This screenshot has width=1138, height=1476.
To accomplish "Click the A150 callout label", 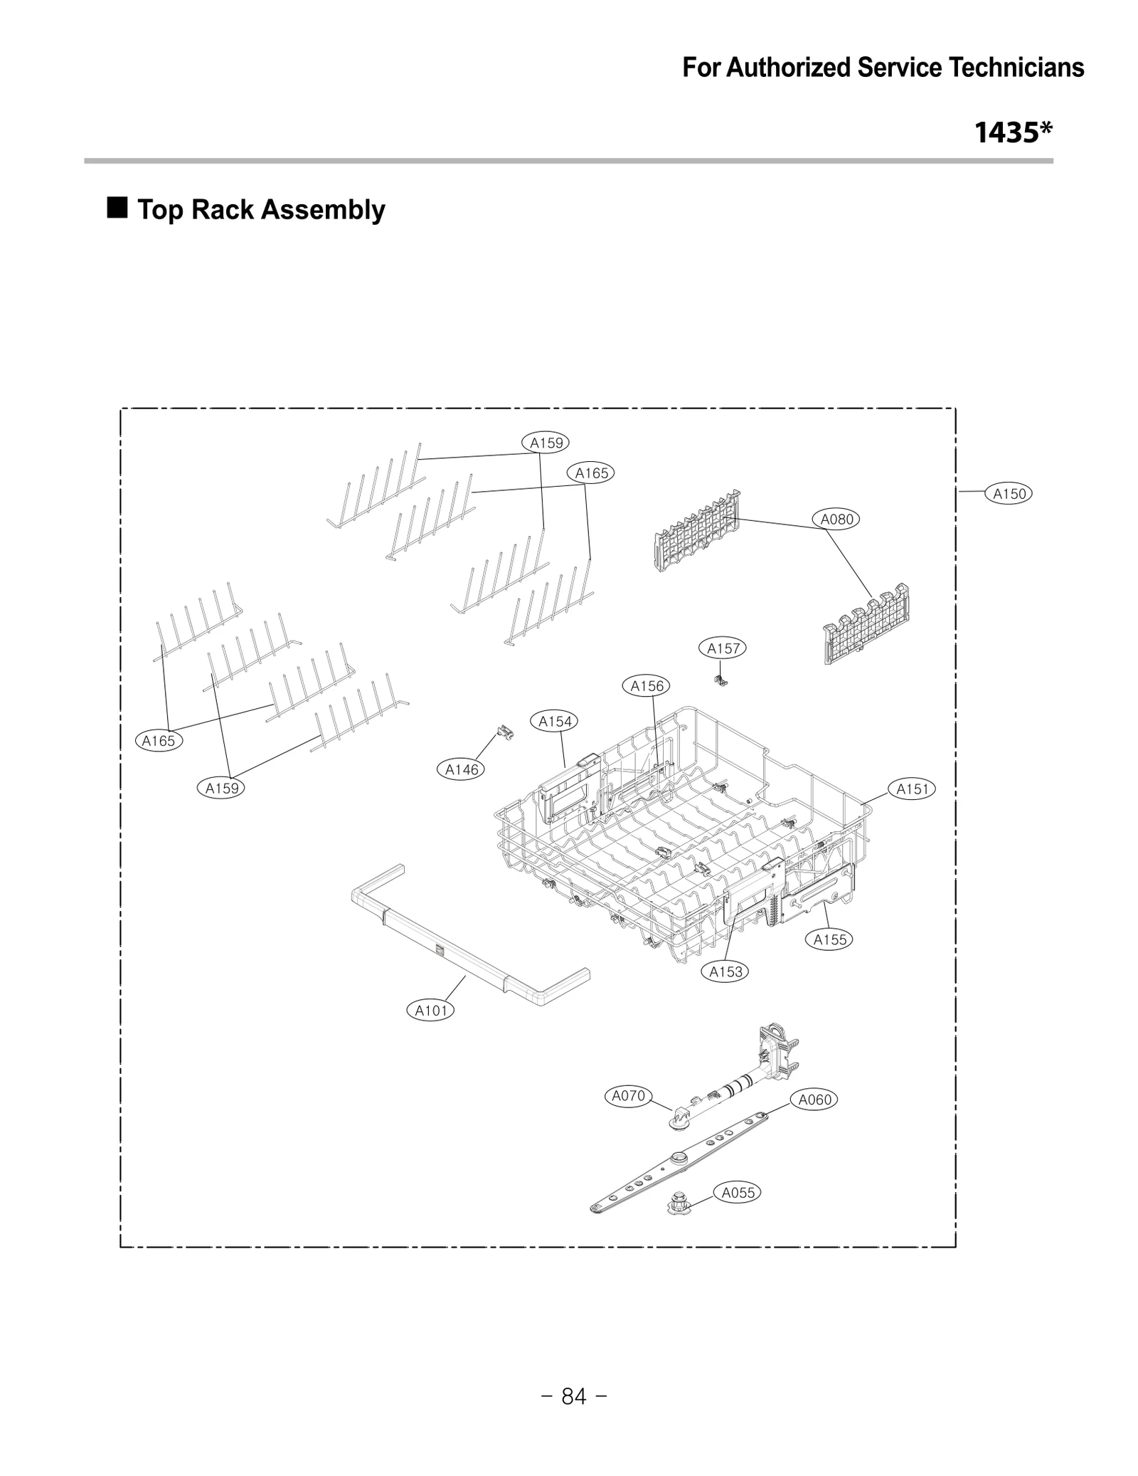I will click(1008, 493).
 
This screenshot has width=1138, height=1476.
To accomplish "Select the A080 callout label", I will click(836, 519).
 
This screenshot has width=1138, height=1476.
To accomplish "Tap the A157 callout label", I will click(723, 648).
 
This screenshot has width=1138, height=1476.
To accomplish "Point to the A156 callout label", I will click(647, 685).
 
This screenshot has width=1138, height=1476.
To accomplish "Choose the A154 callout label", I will click(554, 721).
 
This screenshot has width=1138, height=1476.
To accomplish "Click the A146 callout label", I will click(461, 769).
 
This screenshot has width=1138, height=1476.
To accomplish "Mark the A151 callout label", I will click(911, 789).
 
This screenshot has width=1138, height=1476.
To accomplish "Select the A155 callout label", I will click(829, 939).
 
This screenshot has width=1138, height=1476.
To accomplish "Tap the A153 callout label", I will click(725, 971).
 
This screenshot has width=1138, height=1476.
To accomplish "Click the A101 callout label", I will click(430, 1010).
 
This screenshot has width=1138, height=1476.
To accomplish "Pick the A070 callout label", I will click(628, 1096).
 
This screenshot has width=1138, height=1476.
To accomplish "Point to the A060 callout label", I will click(814, 1100).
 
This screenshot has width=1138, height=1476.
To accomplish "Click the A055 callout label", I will click(737, 1193).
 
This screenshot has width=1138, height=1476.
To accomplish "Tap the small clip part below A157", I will click(720, 680).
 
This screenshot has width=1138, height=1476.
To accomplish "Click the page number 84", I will click(573, 1397).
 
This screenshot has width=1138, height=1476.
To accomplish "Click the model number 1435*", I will click(1013, 132).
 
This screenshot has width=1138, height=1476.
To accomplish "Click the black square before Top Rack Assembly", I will click(117, 208).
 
